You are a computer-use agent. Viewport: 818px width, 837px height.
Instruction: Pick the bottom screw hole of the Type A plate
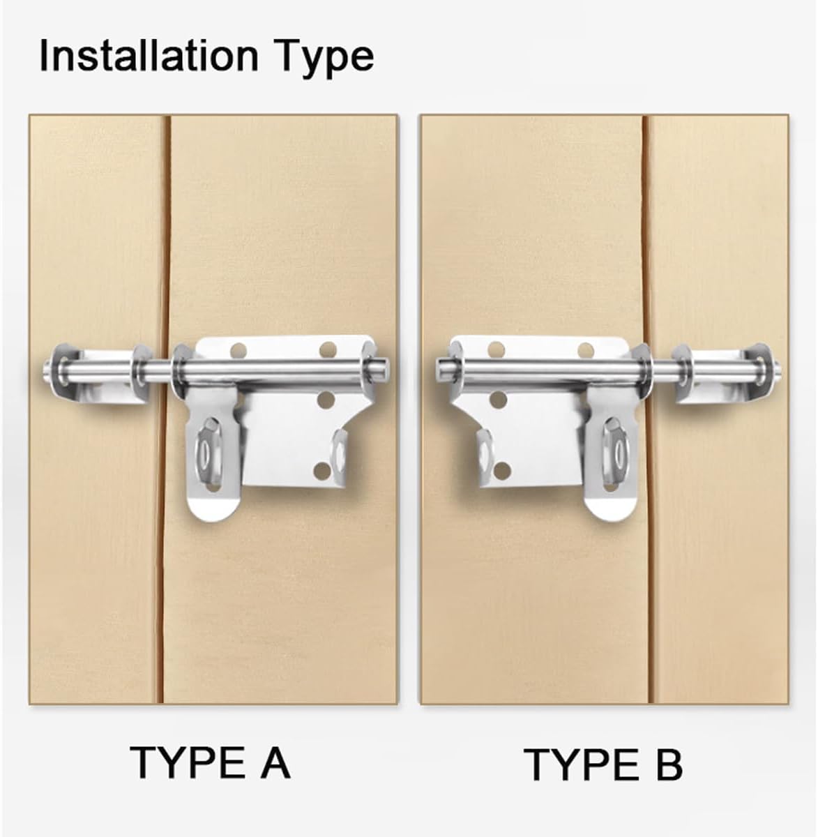click(321, 472)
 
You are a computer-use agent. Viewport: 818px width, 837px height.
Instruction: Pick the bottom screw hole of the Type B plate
click(499, 471)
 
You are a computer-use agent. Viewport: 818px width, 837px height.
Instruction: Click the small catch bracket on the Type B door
click(725, 373)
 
